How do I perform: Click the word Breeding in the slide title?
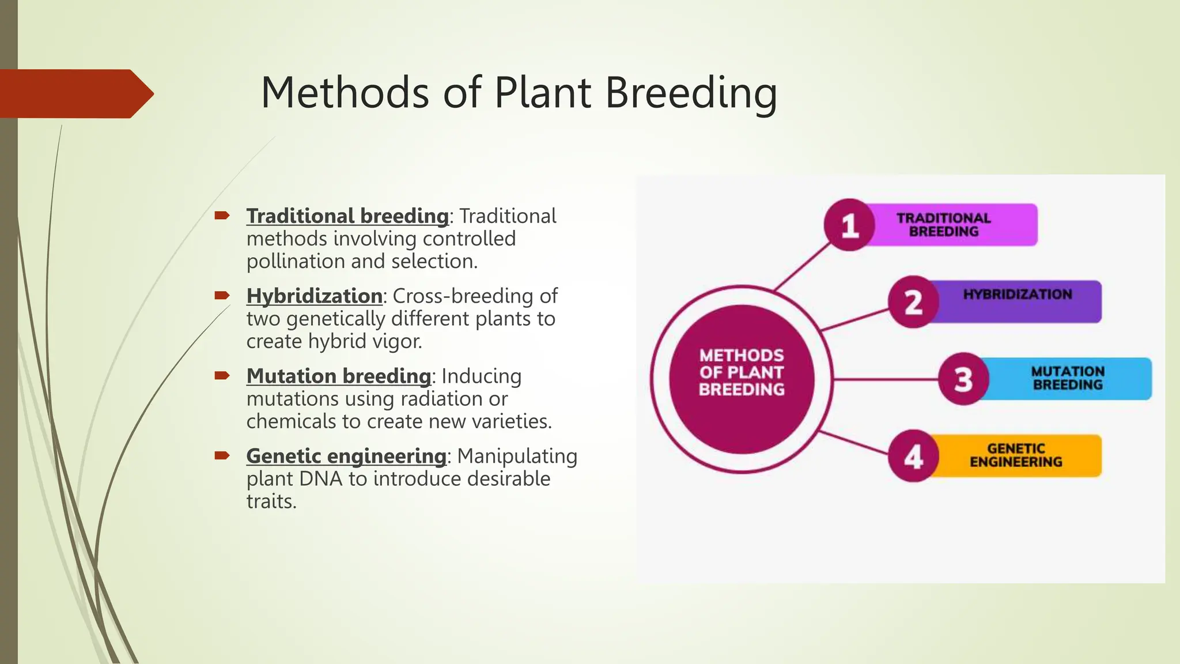coord(691,93)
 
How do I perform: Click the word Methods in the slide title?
coord(345,93)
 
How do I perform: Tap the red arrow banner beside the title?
coord(75,93)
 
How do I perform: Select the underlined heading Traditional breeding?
coord(347,216)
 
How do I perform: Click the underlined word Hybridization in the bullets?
coord(314,296)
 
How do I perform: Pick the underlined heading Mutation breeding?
coord(338,376)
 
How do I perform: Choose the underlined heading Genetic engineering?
coord(346,456)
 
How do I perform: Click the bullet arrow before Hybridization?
coord(222,296)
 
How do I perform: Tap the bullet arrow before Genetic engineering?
coord(222,456)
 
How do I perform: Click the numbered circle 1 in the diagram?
coord(849,225)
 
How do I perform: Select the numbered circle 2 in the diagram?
coord(913,302)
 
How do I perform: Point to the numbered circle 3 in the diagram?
coord(963,379)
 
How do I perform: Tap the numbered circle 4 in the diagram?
coord(913,456)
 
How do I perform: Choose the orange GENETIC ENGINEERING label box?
coord(1016,456)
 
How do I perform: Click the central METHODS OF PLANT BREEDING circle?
coord(742,379)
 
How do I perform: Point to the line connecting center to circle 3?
coord(884,379)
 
